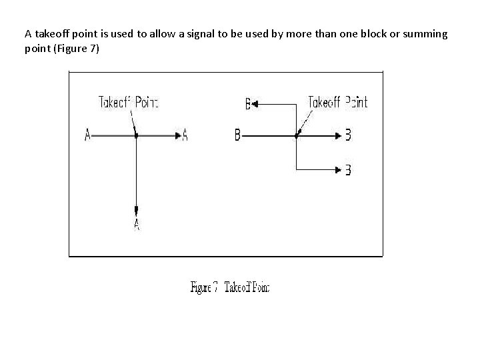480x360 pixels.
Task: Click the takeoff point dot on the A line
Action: [136, 135]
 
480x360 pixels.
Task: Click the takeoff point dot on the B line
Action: [296, 135]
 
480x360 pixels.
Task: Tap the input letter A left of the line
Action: [87, 135]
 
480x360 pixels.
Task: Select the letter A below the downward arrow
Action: [136, 225]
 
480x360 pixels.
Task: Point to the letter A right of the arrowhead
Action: [185, 135]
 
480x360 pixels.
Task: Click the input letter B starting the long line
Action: [237, 135]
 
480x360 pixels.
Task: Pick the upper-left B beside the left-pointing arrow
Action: [247, 104]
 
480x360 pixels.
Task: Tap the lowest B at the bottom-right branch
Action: [348, 170]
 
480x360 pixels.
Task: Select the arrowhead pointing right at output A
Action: [178, 135]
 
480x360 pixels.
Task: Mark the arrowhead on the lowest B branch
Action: [339, 170]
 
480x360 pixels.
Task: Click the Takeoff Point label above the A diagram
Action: [129, 102]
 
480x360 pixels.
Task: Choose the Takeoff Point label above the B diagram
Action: [337, 102]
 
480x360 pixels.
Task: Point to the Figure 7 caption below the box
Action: [230, 287]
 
